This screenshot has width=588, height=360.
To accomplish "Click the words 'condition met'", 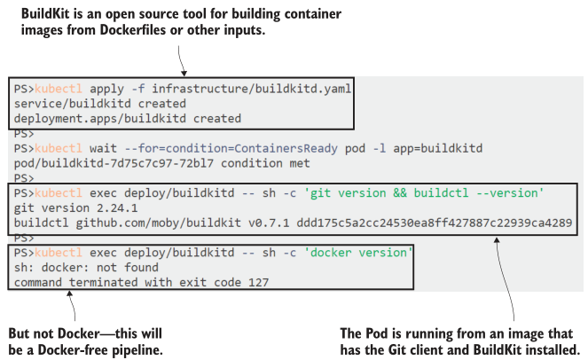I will click(x=278, y=162).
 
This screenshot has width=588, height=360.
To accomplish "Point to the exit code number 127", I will click(x=256, y=282).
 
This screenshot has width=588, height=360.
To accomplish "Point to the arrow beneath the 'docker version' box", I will click(x=72, y=307).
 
